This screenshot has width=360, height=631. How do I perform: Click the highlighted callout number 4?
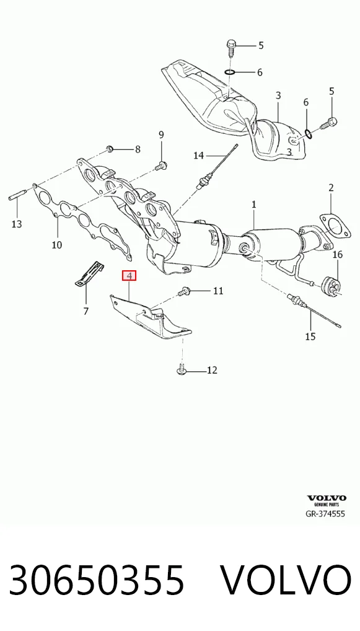coord(129,276)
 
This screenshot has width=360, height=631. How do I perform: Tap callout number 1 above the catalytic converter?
coord(254,205)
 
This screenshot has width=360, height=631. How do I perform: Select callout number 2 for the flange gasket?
coord(331,187)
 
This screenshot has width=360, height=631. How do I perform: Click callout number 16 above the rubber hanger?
coord(338,254)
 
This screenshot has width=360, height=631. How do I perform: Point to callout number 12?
coord(212,370)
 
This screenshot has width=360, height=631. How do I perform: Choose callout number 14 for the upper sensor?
coord(199,155)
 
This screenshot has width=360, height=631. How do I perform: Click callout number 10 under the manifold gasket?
coord(57,244)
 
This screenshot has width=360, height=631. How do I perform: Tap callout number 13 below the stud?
coord(17,224)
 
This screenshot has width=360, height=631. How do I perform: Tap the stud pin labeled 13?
coord(17,195)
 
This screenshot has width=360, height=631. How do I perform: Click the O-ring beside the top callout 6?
coord(230,72)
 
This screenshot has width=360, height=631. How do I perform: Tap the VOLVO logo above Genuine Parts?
coord(326,498)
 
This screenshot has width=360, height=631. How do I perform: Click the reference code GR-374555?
coord(326,513)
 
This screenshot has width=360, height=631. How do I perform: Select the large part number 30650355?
coord(97,580)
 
